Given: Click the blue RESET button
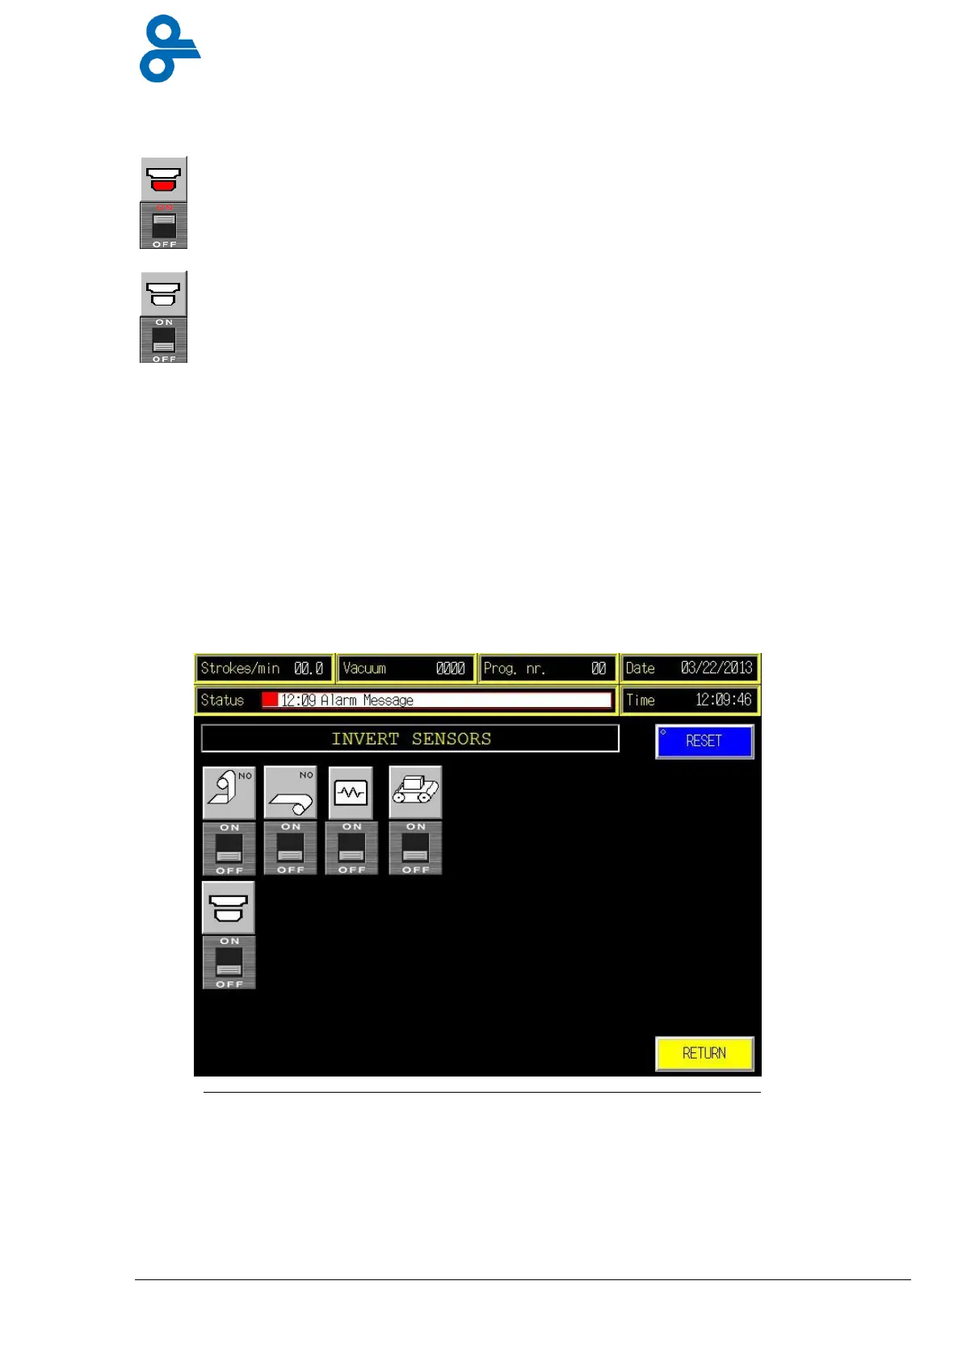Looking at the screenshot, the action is [x=704, y=741].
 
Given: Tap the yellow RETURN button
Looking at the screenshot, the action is [x=704, y=1053].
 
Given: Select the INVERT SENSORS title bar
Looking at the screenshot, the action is [x=410, y=739].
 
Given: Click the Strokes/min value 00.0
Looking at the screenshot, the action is [x=309, y=668].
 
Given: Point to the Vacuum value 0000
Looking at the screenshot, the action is [x=450, y=668].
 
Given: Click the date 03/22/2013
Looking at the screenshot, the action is [x=716, y=668].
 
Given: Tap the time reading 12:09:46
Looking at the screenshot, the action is [x=723, y=700].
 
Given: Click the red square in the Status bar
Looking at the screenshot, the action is [x=270, y=700].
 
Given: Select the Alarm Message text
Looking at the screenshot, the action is [x=367, y=700].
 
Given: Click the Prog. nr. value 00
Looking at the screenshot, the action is [x=598, y=668].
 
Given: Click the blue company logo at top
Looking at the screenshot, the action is [x=169, y=48].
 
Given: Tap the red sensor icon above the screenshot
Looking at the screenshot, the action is [x=164, y=179].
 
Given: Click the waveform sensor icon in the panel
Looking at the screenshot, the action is [x=351, y=793].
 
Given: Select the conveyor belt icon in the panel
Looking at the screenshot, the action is [x=415, y=792].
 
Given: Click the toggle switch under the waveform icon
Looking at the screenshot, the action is [x=351, y=849].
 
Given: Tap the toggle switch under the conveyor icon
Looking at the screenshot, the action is [x=415, y=849].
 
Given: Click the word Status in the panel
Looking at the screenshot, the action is [x=222, y=700].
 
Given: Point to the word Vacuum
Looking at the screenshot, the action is [x=364, y=668].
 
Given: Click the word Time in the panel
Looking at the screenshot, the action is [x=641, y=700].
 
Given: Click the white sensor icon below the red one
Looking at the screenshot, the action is [x=164, y=293].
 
